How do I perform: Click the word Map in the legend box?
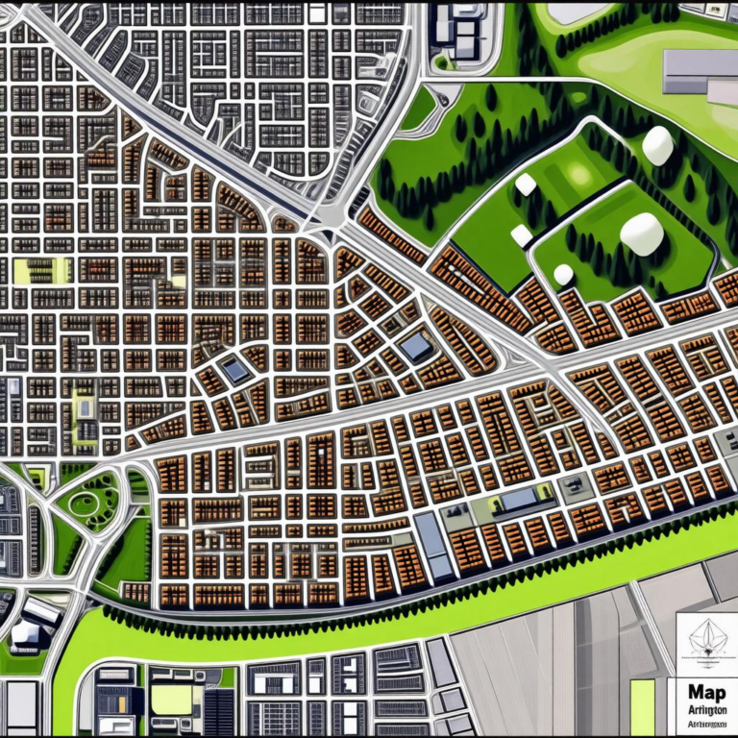click(707, 692)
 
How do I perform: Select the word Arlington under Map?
click(707, 710)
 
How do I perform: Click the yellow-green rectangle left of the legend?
click(642, 707)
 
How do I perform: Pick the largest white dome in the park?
click(642, 234)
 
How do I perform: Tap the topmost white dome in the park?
click(657, 144)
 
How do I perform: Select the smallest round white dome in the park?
click(563, 275)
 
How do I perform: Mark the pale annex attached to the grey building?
click(723, 93)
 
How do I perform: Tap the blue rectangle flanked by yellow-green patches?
click(519, 499)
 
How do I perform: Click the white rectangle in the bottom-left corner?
click(21, 706)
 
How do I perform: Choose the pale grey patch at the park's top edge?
click(578, 12)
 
